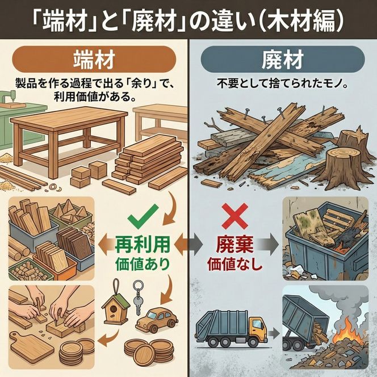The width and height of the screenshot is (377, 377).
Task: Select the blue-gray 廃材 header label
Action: click(x=282, y=58)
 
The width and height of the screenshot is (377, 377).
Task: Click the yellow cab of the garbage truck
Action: click(x=257, y=329)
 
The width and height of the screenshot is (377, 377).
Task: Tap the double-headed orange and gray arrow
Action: click(x=187, y=245)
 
